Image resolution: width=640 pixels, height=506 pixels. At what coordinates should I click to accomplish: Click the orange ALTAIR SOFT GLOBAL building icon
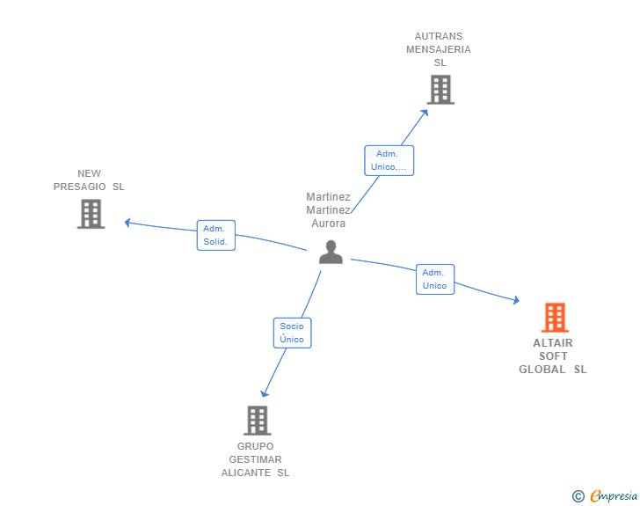554,318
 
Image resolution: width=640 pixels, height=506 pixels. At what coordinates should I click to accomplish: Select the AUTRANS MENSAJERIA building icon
440,90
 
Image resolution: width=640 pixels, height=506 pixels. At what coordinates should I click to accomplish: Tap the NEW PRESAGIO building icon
91,214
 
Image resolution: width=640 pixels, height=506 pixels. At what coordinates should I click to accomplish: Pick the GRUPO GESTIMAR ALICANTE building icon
257,421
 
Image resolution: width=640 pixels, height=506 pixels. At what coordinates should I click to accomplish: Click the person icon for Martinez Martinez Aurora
331,253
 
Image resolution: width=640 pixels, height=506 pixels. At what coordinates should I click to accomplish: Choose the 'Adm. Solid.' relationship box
215,235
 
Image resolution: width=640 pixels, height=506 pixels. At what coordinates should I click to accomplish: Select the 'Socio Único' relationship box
292,333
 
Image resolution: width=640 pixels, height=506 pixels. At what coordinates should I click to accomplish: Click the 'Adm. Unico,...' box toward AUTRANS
389,160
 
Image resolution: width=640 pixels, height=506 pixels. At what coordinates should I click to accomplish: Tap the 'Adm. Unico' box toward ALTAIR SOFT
434,279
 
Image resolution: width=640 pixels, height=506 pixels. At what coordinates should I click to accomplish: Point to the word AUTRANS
439,37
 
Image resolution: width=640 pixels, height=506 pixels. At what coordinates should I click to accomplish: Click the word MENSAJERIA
439,49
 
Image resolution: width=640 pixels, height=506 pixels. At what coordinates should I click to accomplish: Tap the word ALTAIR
553,343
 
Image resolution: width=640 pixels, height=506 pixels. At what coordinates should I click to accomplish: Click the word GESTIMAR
255,459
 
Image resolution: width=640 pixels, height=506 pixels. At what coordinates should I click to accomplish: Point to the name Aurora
329,224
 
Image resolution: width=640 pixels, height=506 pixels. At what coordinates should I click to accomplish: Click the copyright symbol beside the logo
578,496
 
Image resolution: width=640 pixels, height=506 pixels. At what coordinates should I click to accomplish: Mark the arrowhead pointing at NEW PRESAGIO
127,222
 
